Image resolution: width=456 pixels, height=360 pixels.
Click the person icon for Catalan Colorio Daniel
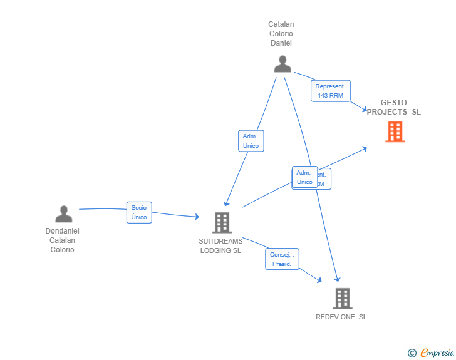tap(282, 64)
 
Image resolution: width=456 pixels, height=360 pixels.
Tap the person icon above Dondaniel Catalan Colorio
tap(63, 214)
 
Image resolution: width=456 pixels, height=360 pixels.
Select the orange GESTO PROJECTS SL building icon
tap(395, 131)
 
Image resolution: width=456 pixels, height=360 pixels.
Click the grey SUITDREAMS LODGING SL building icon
tap(222, 222)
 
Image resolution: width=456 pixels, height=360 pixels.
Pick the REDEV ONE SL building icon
tap(342, 299)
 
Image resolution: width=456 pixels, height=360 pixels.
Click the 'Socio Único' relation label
tap(139, 212)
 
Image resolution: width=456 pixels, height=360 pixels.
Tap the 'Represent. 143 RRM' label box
tap(330, 91)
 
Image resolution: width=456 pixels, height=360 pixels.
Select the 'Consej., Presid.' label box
tap(282, 259)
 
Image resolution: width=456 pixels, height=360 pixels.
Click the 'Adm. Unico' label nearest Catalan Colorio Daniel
tap(251, 141)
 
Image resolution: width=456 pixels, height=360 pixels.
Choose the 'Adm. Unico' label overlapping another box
tap(304, 177)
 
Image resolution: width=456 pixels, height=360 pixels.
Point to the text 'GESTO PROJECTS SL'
tap(393, 107)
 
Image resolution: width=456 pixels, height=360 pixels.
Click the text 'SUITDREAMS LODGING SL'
tap(220, 246)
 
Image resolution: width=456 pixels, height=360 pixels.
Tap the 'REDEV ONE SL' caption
tap(341, 317)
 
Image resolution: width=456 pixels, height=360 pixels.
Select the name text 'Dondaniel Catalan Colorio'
tap(63, 240)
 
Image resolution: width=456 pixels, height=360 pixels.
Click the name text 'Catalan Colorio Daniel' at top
tap(281, 34)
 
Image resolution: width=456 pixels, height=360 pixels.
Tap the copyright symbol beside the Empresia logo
tap(412, 354)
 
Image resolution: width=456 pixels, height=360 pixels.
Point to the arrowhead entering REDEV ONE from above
tap(338, 279)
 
